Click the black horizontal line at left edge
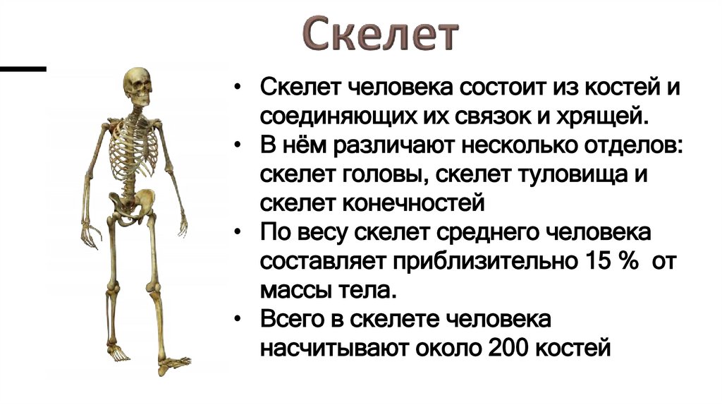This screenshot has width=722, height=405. (23, 69)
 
